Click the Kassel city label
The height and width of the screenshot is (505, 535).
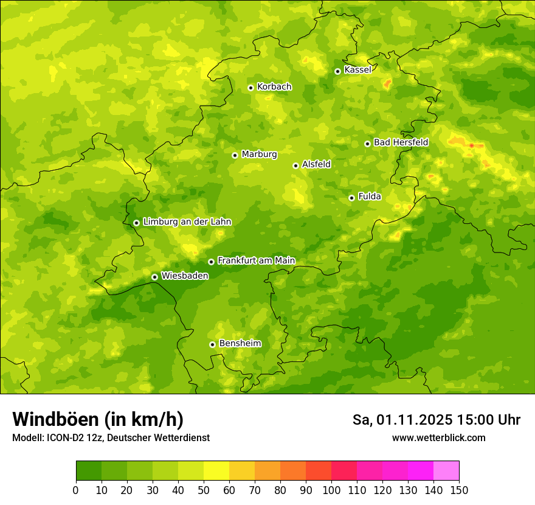pyautogui.click(x=357, y=70)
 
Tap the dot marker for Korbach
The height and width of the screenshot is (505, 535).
pyautogui.click(x=250, y=88)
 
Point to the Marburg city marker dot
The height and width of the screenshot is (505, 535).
pyautogui.click(x=235, y=155)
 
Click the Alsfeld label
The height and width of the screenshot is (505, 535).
pyautogui.click(x=316, y=164)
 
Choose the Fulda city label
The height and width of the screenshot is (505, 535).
pyautogui.click(x=370, y=197)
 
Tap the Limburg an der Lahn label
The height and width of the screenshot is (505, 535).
pyautogui.click(x=187, y=222)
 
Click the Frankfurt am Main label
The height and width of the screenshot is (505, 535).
pyautogui.click(x=256, y=260)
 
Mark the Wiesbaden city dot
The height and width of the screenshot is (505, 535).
pyautogui.click(x=154, y=277)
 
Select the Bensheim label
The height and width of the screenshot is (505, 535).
pyautogui.click(x=240, y=343)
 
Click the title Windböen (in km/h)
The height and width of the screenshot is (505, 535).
pyautogui.click(x=97, y=419)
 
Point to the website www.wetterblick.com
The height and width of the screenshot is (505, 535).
pyautogui.click(x=438, y=437)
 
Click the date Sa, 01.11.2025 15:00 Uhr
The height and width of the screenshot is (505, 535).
pyautogui.click(x=436, y=420)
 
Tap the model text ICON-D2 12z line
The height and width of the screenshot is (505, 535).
pyautogui.click(x=111, y=437)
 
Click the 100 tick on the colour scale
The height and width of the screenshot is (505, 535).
pyautogui.click(x=331, y=490)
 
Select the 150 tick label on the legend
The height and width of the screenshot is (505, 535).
pyautogui.click(x=459, y=490)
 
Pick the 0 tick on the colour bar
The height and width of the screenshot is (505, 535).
pyautogui.click(x=76, y=490)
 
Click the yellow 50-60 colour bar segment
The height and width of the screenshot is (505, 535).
pyautogui.click(x=216, y=471)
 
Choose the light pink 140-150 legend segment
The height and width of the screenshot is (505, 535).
pyautogui.click(x=446, y=471)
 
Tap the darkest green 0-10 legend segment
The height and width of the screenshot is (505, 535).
pyautogui.click(x=89, y=471)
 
